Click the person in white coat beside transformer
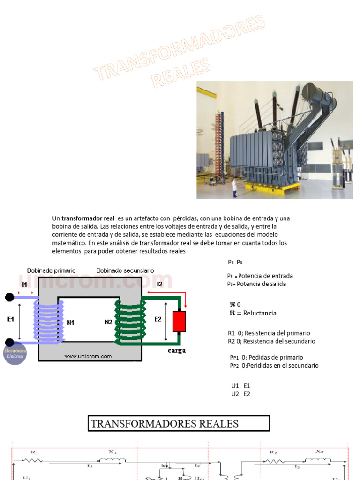pos(235,188)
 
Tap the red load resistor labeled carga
pos(179,321)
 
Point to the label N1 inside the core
pos(71,322)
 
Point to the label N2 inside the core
pos(108,322)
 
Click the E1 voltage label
pos(11,319)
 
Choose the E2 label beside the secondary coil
pos(158,319)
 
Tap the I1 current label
pos(25,284)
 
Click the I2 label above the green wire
pos(160,284)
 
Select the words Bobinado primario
pos(52,270)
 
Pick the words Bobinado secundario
pos(125,270)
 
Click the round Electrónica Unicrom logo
pos(15,353)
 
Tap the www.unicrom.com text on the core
pos(88,356)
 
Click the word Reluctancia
pos(256,313)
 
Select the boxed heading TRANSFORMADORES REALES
pos(179,424)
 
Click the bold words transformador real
pos(88,218)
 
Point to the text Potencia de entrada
pos(266,276)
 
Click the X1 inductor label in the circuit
pos(112,452)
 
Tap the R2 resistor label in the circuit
pos(273,452)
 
